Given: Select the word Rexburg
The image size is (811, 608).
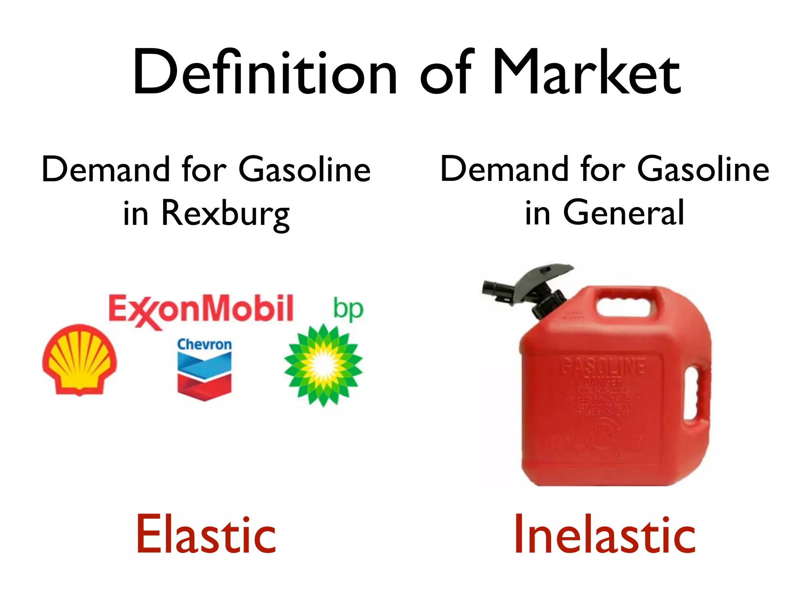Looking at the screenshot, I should click(226, 214).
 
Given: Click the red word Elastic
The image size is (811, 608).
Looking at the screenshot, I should click(206, 534).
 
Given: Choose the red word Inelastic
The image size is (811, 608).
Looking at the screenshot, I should click(605, 534).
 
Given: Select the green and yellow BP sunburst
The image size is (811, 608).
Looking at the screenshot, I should click(323, 365).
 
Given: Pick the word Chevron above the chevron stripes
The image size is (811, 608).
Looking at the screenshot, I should click(204, 344).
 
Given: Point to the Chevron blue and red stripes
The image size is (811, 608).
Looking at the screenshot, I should click(204, 376).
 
